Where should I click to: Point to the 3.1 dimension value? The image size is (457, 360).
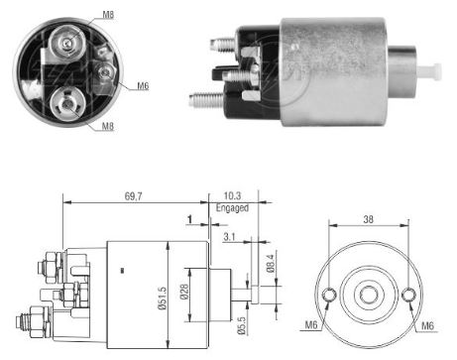(x=229, y=236)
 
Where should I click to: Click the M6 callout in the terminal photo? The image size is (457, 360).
(x=142, y=85)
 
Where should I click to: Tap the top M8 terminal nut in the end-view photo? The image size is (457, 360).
(x=67, y=42)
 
